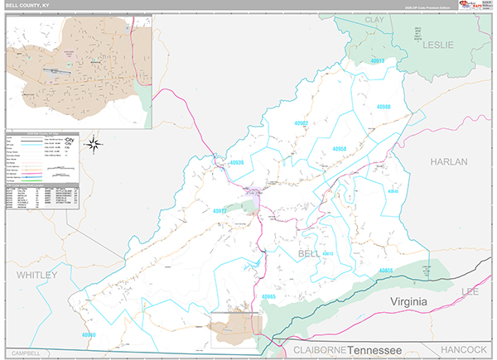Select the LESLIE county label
(x=439, y=45)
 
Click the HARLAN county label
(x=448, y=163)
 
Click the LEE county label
(x=470, y=291)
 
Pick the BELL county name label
(x=308, y=252)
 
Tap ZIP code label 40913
(x=378, y=60)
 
